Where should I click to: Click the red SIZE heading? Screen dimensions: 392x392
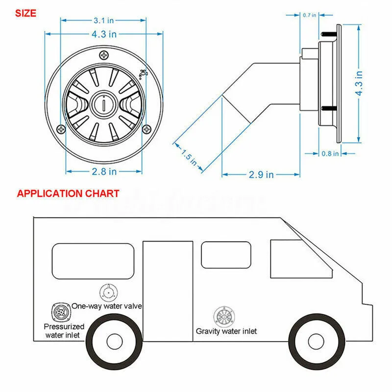click(x=26, y=13)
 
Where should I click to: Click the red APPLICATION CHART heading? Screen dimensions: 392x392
click(x=68, y=193)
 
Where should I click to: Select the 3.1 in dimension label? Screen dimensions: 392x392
click(x=103, y=21)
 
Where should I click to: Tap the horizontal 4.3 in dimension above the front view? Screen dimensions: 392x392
click(x=103, y=34)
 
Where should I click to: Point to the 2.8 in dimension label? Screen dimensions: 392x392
click(x=103, y=171)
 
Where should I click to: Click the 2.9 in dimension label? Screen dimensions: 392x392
click(x=261, y=174)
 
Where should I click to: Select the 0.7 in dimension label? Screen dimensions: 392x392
click(x=310, y=15)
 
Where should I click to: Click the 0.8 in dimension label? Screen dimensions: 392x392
click(x=330, y=153)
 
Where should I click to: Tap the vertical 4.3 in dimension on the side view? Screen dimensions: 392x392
click(x=359, y=83)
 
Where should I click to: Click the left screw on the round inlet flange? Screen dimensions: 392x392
click(x=60, y=129)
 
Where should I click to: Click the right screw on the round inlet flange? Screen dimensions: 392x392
click(x=147, y=129)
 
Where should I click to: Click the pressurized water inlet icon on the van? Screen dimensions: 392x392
click(x=59, y=312)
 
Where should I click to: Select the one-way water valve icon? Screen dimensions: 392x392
click(x=108, y=293)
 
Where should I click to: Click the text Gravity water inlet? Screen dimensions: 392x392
click(x=226, y=331)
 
